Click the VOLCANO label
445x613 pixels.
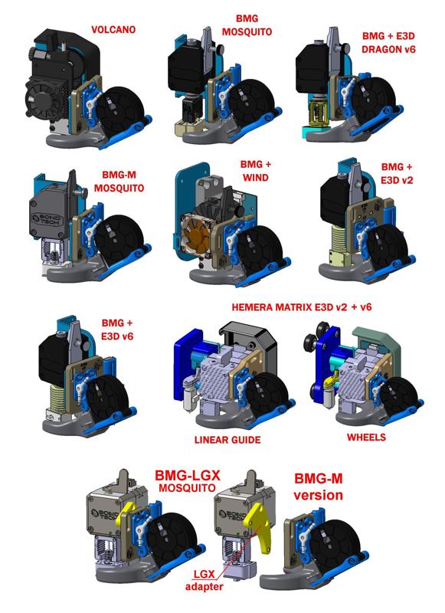114,31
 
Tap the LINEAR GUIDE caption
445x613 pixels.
228,440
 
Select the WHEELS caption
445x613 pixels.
367,438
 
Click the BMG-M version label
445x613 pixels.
316,487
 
